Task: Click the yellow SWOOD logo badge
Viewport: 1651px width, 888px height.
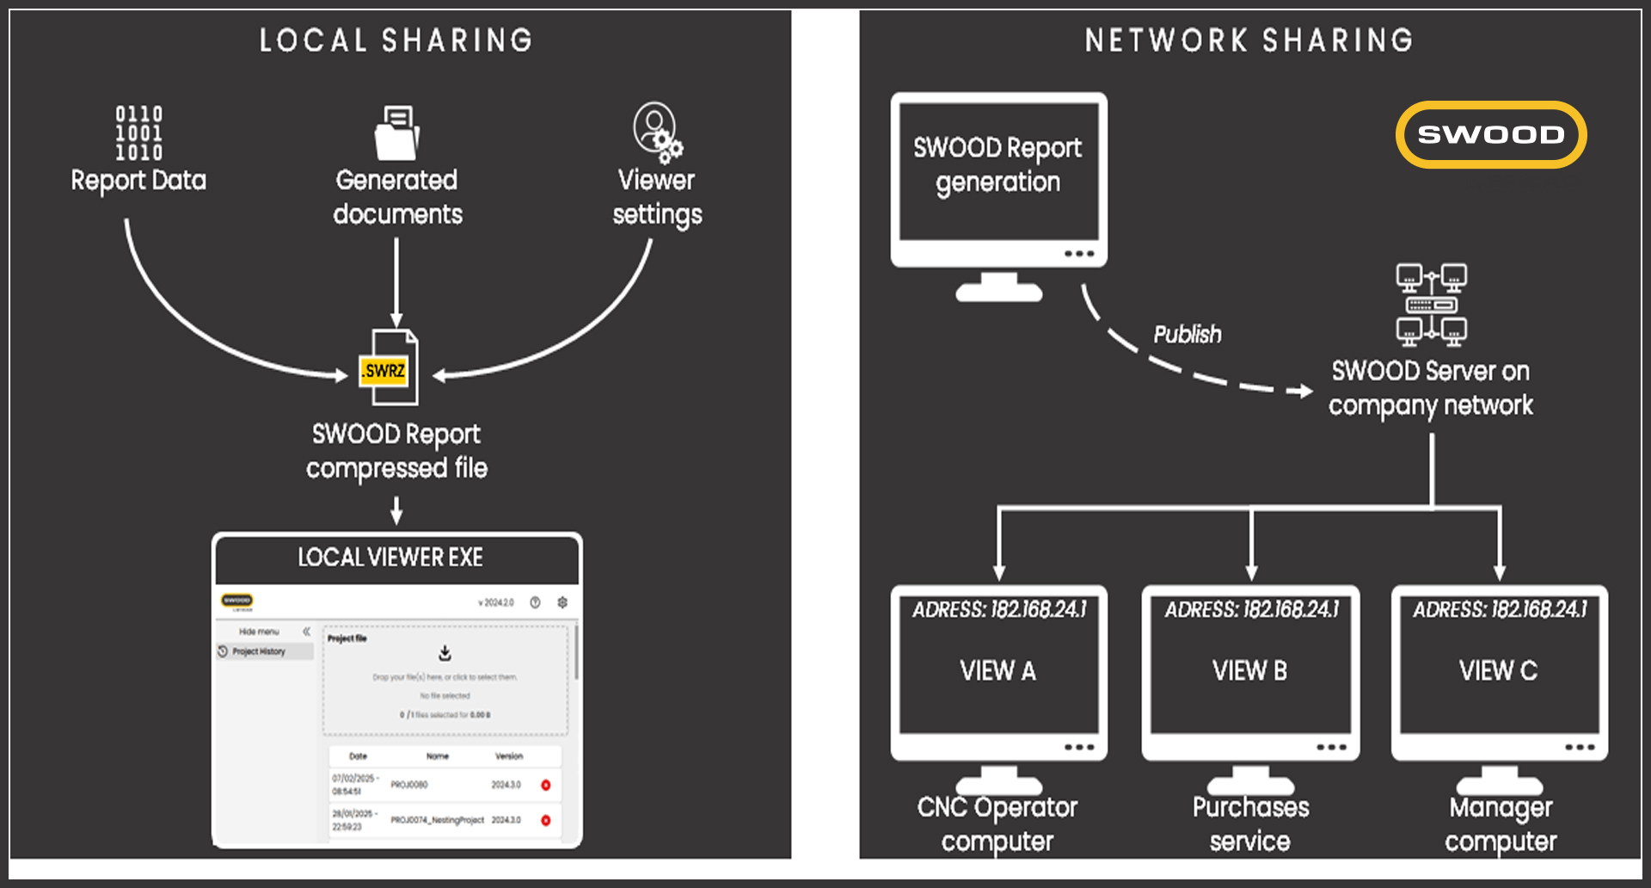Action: [1491, 135]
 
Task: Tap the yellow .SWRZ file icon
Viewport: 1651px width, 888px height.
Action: [384, 371]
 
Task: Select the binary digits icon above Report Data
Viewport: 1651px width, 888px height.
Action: [139, 133]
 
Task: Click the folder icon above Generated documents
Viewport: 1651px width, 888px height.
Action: [396, 133]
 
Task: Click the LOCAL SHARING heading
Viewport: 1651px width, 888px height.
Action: [396, 40]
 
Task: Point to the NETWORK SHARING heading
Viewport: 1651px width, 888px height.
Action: [1249, 40]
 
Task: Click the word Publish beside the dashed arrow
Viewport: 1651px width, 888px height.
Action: [1187, 334]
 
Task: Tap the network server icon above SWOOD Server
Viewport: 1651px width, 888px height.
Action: [1431, 305]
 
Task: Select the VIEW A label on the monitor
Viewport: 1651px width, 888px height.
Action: [997, 670]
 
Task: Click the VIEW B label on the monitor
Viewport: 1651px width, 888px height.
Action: [1249, 670]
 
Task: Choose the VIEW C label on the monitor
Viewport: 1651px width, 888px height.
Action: [1498, 670]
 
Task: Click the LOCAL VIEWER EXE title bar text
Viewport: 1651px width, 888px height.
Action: [390, 558]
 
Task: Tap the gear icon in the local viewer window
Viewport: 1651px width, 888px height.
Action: [562, 602]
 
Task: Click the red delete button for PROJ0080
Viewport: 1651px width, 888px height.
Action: [545, 785]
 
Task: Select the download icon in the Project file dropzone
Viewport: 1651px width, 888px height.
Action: [445, 653]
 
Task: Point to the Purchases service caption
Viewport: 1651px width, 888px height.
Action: [1250, 823]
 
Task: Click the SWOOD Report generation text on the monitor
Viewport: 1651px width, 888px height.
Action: [997, 164]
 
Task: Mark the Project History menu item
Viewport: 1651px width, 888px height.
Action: [258, 651]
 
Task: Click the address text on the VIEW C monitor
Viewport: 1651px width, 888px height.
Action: [1500, 609]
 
